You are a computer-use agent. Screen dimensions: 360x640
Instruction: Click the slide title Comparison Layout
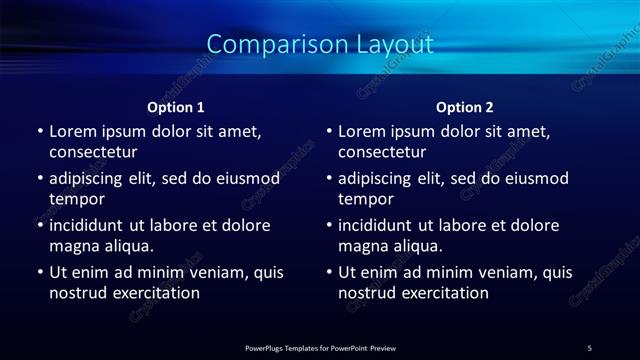(x=320, y=44)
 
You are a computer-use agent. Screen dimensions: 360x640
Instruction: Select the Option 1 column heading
(x=176, y=107)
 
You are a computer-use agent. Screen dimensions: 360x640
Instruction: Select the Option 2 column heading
(x=465, y=107)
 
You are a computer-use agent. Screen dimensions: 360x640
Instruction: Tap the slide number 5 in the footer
(x=589, y=347)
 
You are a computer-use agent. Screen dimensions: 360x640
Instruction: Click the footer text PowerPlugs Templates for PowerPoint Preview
(x=320, y=347)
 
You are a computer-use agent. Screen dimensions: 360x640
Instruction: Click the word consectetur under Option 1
(x=93, y=152)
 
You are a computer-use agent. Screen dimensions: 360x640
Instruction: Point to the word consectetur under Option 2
(x=382, y=152)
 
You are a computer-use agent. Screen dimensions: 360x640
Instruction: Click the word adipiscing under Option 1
(x=90, y=178)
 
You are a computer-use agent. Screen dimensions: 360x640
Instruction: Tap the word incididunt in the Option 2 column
(x=376, y=225)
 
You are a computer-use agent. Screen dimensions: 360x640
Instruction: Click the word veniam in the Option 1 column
(x=210, y=272)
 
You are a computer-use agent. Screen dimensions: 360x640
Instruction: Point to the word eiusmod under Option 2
(x=536, y=178)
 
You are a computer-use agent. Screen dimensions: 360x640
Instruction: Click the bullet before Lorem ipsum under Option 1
(x=40, y=131)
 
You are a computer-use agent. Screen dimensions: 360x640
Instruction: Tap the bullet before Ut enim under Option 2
(x=329, y=272)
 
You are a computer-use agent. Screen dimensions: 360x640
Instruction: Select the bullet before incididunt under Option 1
(x=40, y=225)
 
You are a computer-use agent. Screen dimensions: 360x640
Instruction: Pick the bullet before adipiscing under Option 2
(x=329, y=178)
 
